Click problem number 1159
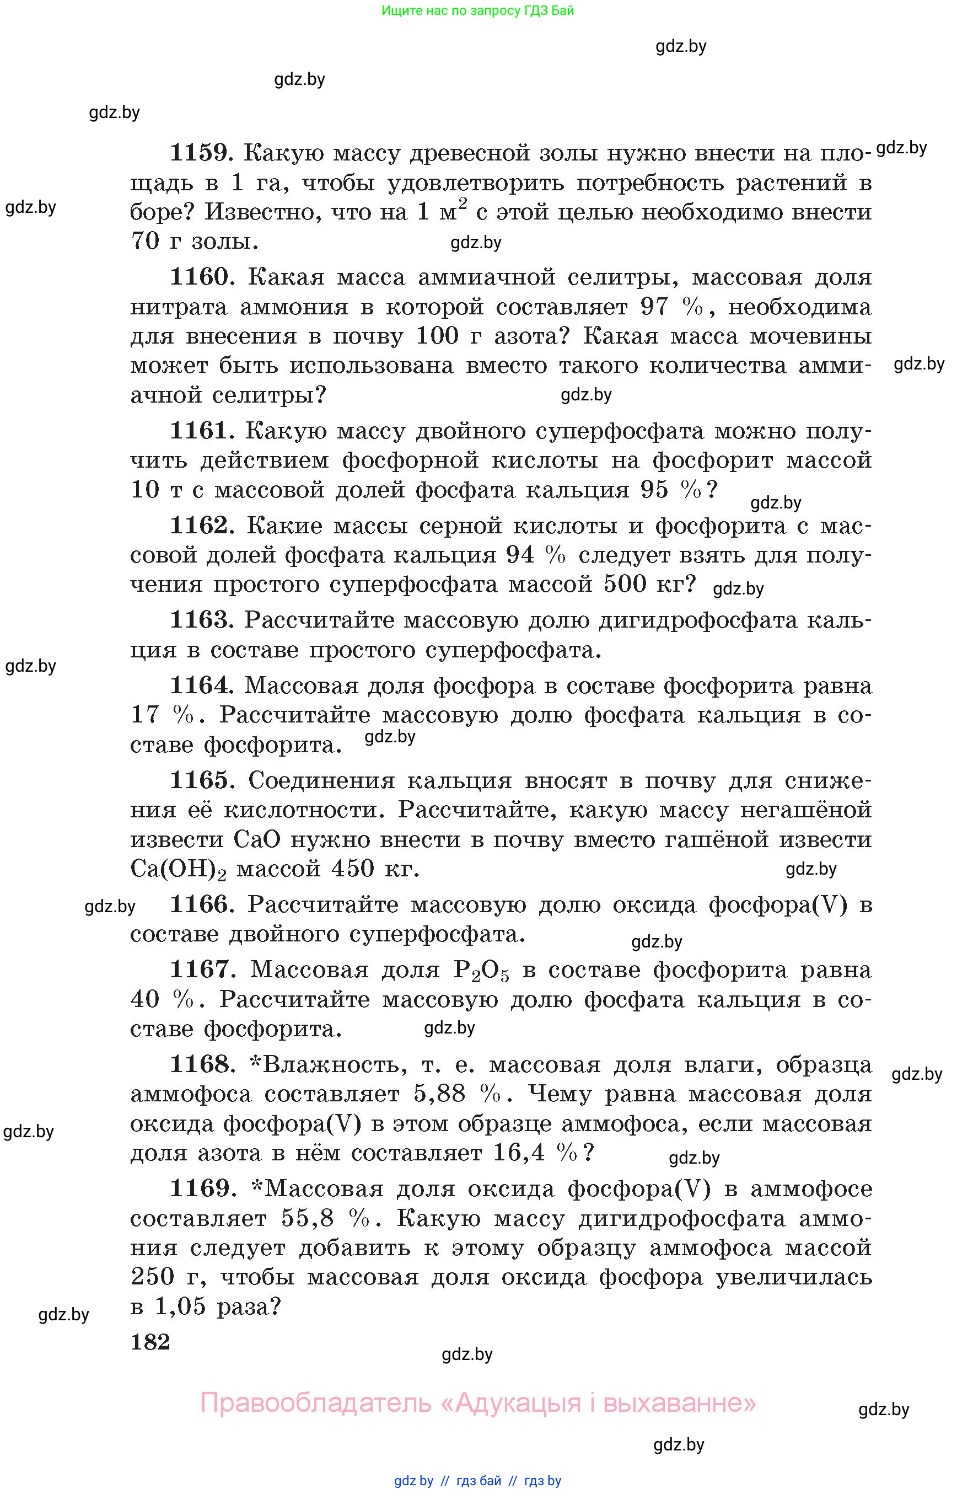point(201,153)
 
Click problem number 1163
point(201,620)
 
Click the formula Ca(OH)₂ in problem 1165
point(179,869)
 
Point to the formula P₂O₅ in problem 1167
point(482,971)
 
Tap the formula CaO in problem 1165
point(257,840)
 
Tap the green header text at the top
point(477,10)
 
